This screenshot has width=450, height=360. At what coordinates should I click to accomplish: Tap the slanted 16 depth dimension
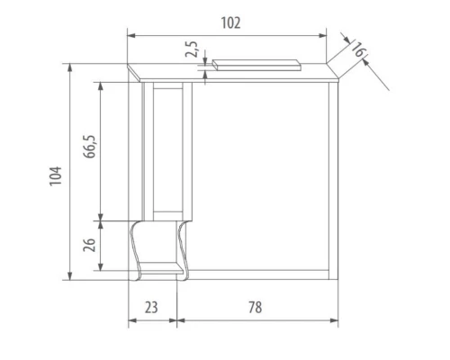point(357,53)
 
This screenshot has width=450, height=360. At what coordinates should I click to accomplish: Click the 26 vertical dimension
point(90,245)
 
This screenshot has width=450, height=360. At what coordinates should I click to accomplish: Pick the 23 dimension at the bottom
point(151,307)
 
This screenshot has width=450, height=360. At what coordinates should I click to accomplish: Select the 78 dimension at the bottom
point(255,307)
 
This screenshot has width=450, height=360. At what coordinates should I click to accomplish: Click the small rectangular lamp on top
point(256,64)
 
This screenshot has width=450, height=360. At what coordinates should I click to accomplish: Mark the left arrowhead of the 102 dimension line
point(130,36)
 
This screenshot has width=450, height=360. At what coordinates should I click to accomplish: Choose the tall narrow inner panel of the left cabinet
point(168,148)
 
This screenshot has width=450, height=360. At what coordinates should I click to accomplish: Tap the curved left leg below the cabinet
point(135,247)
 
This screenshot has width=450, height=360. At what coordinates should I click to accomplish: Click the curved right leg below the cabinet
point(184,247)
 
